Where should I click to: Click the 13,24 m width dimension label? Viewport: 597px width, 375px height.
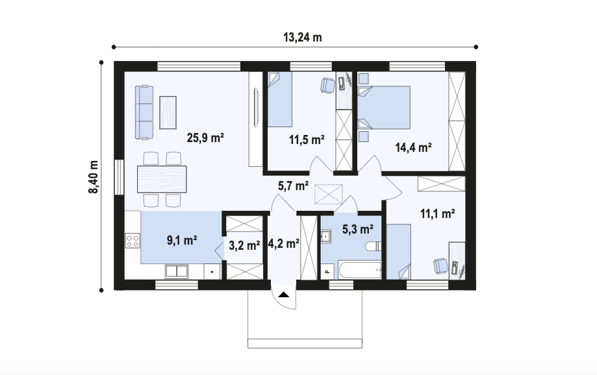click(303, 38)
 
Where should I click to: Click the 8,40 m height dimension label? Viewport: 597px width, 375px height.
click(94, 177)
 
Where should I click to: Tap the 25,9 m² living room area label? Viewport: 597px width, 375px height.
click(205, 138)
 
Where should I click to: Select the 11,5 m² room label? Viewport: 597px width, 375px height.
click(307, 139)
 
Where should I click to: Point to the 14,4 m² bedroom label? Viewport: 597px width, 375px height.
click(413, 147)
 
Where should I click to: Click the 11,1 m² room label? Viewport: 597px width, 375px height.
click(437, 213)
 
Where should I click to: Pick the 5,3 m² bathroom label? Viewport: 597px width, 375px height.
click(357, 229)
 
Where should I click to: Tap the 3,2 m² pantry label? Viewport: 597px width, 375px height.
click(244, 245)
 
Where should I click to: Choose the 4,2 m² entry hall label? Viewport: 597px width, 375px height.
click(284, 243)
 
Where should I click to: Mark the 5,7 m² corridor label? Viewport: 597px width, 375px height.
click(293, 186)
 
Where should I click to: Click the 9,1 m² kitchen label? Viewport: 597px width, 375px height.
click(182, 240)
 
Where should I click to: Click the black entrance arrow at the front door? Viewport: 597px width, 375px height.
click(284, 294)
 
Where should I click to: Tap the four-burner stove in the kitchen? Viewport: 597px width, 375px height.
click(133, 240)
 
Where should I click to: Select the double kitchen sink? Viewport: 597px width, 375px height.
click(177, 271)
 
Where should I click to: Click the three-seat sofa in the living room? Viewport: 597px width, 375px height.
click(144, 113)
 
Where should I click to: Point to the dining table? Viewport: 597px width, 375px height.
click(162, 179)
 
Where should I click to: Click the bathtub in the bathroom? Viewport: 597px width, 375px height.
click(359, 270)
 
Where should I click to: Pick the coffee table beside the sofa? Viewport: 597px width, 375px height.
click(168, 113)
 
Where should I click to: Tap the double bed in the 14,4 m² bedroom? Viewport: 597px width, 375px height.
click(384, 108)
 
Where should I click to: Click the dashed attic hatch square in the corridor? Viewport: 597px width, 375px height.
click(328, 195)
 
